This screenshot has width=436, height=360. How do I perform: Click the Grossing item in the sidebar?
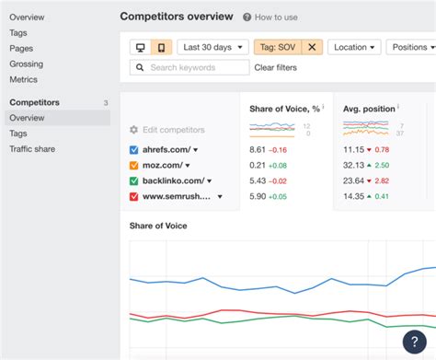tap(26, 64)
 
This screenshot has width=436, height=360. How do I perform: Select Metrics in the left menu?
tap(24, 79)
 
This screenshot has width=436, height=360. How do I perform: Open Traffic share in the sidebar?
tap(34, 148)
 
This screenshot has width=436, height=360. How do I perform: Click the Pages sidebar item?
tap(21, 48)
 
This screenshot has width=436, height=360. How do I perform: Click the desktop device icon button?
tap(141, 47)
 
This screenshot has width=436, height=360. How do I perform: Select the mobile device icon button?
tap(161, 47)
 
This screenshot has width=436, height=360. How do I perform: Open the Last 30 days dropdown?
tap(212, 47)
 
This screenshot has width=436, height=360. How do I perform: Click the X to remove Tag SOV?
tap(311, 47)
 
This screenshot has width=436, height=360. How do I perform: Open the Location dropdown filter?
tap(354, 47)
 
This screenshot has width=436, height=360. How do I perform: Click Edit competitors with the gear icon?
tap(167, 130)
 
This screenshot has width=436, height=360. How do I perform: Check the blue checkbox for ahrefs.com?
tap(134, 149)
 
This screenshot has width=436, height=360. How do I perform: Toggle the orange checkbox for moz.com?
tap(134, 165)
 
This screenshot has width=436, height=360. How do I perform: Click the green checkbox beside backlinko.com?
tap(134, 181)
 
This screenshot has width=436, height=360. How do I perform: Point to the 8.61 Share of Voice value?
tap(258, 149)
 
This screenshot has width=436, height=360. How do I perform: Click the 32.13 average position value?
tap(353, 165)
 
